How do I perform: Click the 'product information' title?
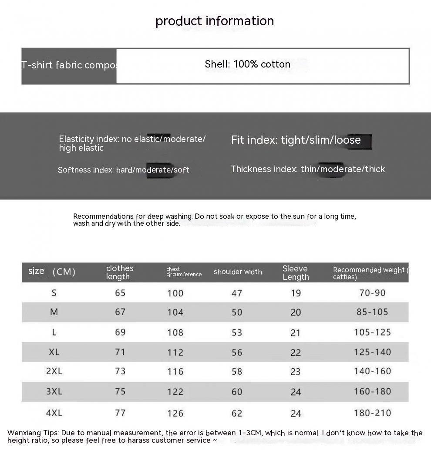[x=215, y=21]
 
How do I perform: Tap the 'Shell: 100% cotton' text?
[x=247, y=64]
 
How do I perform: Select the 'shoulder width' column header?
[x=238, y=272]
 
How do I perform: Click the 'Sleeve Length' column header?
[x=296, y=273]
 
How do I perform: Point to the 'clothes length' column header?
[x=120, y=272]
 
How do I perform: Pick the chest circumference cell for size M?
[x=175, y=312]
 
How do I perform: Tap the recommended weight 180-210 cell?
[x=372, y=413]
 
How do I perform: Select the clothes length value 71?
[x=120, y=352]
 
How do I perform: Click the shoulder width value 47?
[x=237, y=293]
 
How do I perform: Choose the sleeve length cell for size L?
[x=296, y=333]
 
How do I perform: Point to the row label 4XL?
[x=54, y=413]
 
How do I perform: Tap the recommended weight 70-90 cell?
[x=372, y=293]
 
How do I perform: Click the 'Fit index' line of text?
[x=296, y=140]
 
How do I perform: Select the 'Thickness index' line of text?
[x=307, y=169]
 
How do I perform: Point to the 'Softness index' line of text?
[x=123, y=170]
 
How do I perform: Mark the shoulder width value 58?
[x=237, y=371]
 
